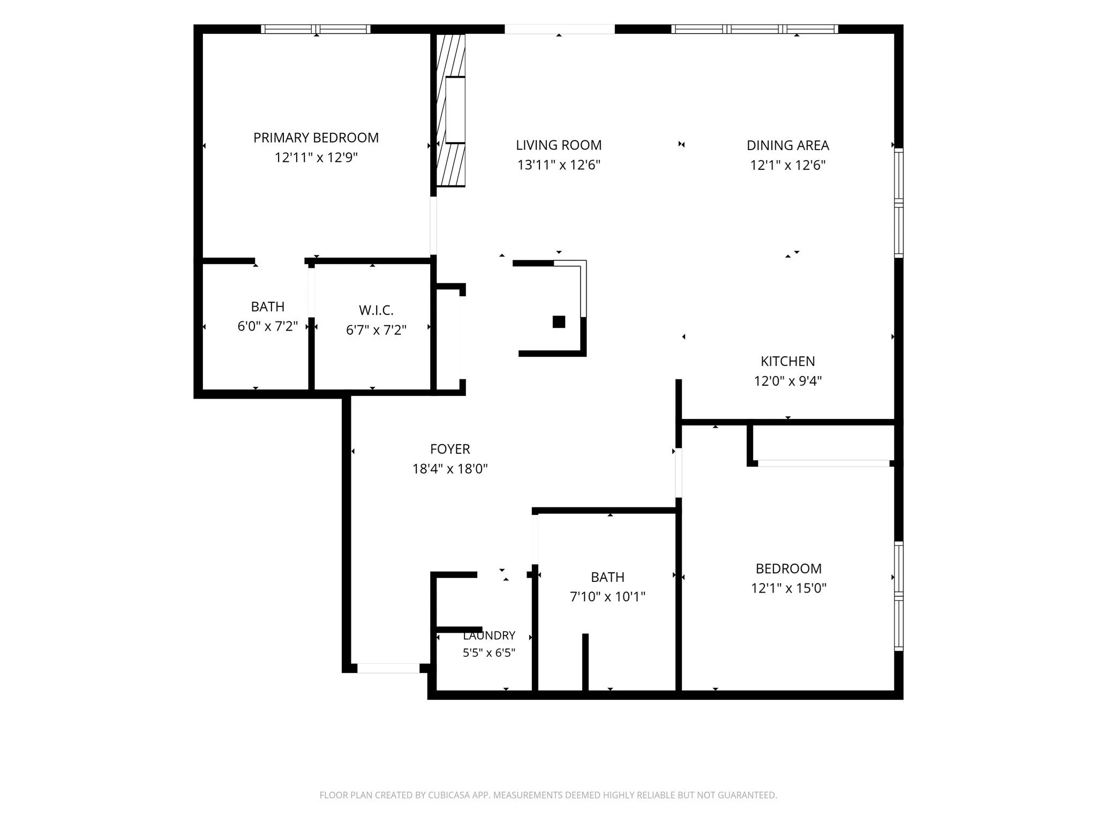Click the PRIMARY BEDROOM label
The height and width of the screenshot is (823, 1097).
coord(316,138)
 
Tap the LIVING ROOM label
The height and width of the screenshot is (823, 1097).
coord(559,145)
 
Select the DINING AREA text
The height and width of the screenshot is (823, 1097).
coord(788,145)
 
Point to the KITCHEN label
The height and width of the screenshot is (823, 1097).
coord(788,361)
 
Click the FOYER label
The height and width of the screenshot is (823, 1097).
coord(450,449)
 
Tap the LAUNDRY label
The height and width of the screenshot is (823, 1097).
coord(489,635)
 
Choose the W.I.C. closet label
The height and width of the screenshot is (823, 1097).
coord(376,310)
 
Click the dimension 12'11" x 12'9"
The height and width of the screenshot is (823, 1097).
coord(316,158)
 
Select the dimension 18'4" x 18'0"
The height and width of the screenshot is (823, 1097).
coord(450,469)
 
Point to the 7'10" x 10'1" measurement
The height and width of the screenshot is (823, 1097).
coord(607,596)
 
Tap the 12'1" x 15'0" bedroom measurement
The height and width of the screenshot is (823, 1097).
coord(788,588)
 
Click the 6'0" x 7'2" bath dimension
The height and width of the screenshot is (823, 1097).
coord(268,326)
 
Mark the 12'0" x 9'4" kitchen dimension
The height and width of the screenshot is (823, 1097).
coord(788,381)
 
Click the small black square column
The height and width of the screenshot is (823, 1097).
coord(559,321)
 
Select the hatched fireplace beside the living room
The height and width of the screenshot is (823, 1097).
coord(450,110)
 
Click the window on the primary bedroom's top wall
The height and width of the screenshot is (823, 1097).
coord(316,29)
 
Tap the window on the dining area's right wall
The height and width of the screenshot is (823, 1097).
coord(899,203)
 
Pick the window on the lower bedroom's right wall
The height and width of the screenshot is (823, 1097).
coord(899,596)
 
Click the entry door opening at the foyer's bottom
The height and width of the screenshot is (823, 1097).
coord(388,668)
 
